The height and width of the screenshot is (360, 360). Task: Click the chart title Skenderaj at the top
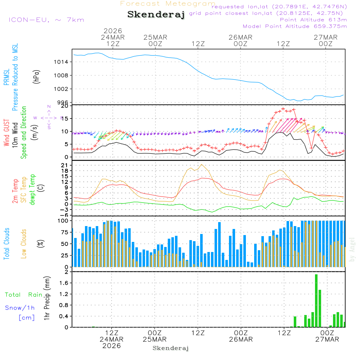(156, 14)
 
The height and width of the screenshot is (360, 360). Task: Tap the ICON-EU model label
(46, 20)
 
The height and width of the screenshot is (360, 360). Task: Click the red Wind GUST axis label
(6, 133)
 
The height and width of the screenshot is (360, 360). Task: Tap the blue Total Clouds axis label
(6, 244)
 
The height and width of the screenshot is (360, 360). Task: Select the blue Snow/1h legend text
(20, 308)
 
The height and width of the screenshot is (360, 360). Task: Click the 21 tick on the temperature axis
(66, 165)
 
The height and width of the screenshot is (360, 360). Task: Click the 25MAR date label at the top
(155, 37)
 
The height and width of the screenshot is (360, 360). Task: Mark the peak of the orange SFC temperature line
(202, 165)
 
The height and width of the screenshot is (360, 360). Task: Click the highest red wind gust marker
(283, 109)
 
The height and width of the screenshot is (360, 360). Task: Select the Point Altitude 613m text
(313, 20)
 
